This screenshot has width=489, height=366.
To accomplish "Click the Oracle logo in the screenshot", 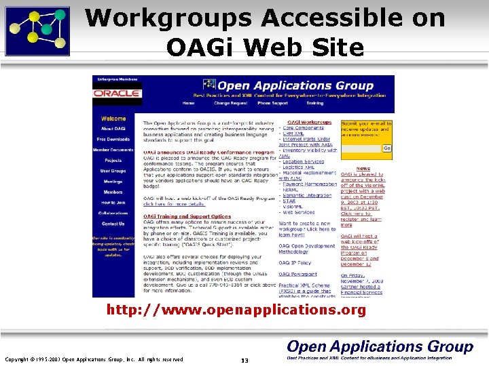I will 117,93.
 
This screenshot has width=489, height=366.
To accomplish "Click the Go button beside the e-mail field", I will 386,148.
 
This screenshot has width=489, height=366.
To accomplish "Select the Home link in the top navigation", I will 188,103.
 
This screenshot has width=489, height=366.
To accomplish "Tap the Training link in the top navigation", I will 314,103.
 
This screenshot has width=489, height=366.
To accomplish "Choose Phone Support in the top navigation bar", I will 272,103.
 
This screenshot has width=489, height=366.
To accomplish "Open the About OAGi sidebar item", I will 113,128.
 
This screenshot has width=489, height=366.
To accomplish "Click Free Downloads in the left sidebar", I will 113,139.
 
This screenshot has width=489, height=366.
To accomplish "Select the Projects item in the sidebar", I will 113,161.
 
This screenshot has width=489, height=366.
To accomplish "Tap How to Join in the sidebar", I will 113,203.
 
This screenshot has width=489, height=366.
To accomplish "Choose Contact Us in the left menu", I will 113,224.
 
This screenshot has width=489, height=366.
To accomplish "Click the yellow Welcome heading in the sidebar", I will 113,118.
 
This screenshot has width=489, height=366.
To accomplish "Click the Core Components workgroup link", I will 303,128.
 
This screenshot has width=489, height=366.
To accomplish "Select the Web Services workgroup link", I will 299,212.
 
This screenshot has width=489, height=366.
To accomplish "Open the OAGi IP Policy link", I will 295,262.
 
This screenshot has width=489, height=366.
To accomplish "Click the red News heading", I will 363,169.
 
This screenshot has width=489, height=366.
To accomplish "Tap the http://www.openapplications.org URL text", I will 236,310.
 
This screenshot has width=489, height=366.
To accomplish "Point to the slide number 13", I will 244,360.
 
